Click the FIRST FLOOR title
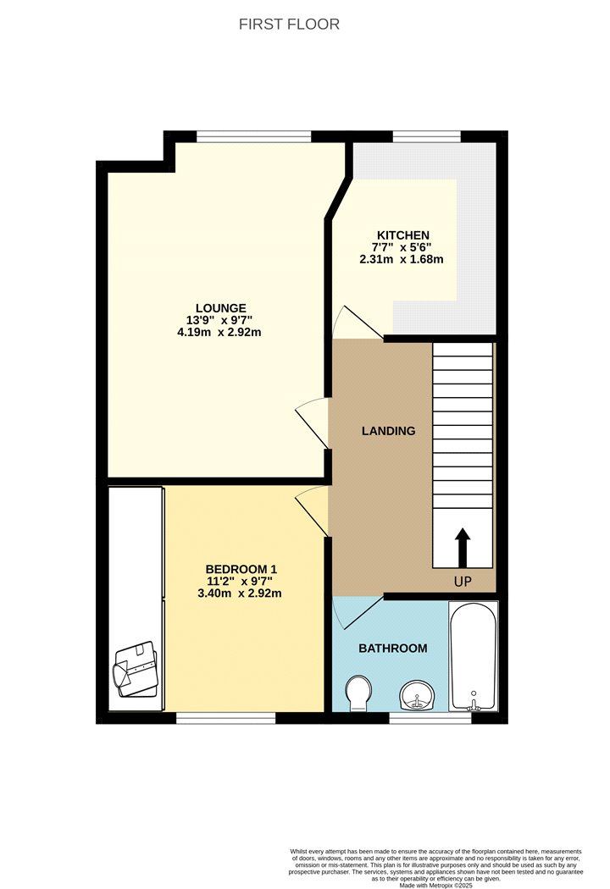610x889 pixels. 289,25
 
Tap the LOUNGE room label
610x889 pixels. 221,308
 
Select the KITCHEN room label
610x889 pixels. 403,235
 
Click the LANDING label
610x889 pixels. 388,431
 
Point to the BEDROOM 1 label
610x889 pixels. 241,569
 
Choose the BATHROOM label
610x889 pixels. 392,649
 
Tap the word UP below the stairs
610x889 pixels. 463,582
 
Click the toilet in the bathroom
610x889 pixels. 358,693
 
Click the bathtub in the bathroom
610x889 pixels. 474,656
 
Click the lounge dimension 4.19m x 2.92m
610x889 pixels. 219,332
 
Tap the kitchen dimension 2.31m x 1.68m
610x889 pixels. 402,260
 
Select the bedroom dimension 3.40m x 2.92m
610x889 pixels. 240,594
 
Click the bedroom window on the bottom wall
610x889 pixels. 226,718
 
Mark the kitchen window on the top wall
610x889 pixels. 427,136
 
